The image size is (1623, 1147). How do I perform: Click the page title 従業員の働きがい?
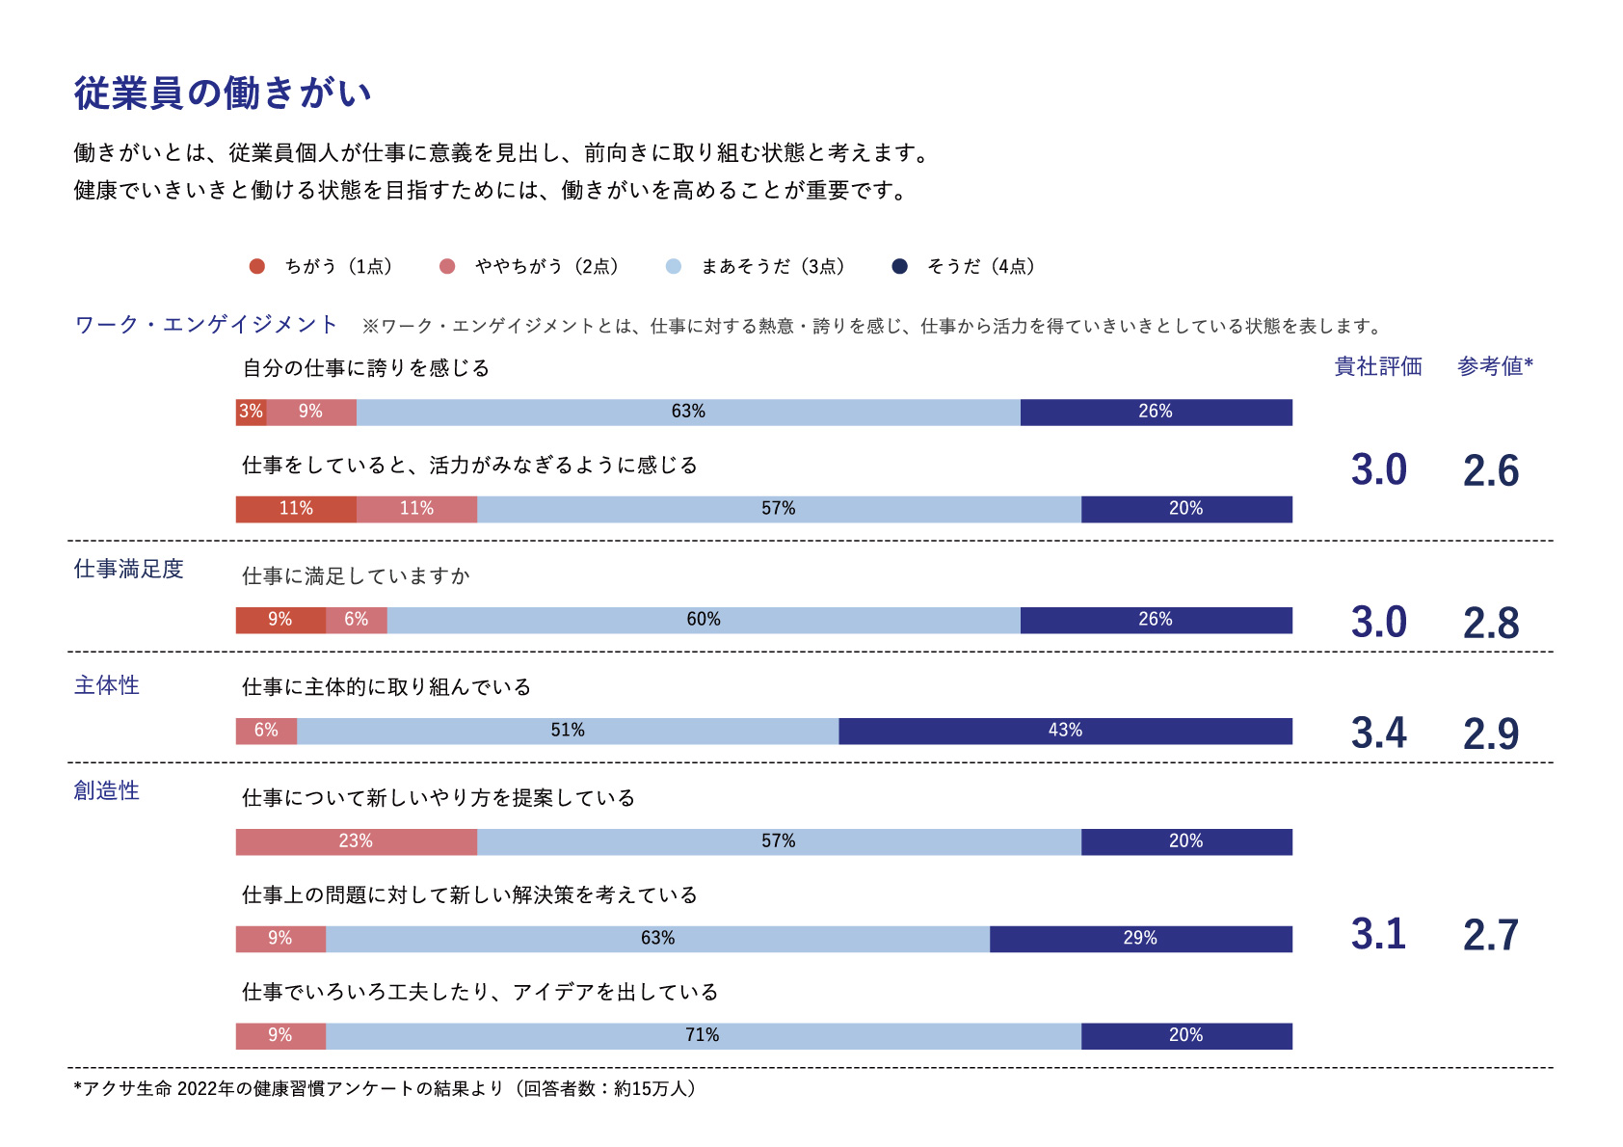click(223, 93)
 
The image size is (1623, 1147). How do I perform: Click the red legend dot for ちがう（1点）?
click(256, 266)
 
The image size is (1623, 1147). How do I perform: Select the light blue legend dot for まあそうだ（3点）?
click(673, 266)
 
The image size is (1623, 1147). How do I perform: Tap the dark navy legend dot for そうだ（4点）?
click(899, 266)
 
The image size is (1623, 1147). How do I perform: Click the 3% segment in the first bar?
click(251, 412)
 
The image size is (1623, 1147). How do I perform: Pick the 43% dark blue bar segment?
click(1065, 731)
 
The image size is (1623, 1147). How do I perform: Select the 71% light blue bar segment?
click(703, 1035)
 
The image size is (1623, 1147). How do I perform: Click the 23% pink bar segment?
click(356, 841)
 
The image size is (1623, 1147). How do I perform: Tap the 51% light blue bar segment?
click(568, 731)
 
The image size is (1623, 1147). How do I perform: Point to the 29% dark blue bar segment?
click(1140, 939)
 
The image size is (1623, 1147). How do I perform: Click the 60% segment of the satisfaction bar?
click(704, 620)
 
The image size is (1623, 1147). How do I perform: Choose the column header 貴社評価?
click(1378, 366)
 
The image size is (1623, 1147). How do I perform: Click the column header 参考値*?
click(1495, 366)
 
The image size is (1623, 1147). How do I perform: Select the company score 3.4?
click(1378, 734)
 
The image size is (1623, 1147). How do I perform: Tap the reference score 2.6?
click(1491, 471)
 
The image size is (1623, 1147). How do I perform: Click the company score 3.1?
click(1378, 935)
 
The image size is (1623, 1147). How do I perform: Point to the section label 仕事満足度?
click(128, 570)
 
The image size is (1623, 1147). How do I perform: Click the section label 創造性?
click(107, 791)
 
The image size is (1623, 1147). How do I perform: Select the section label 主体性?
click(107, 685)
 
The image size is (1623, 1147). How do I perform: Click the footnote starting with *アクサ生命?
click(386, 1089)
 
